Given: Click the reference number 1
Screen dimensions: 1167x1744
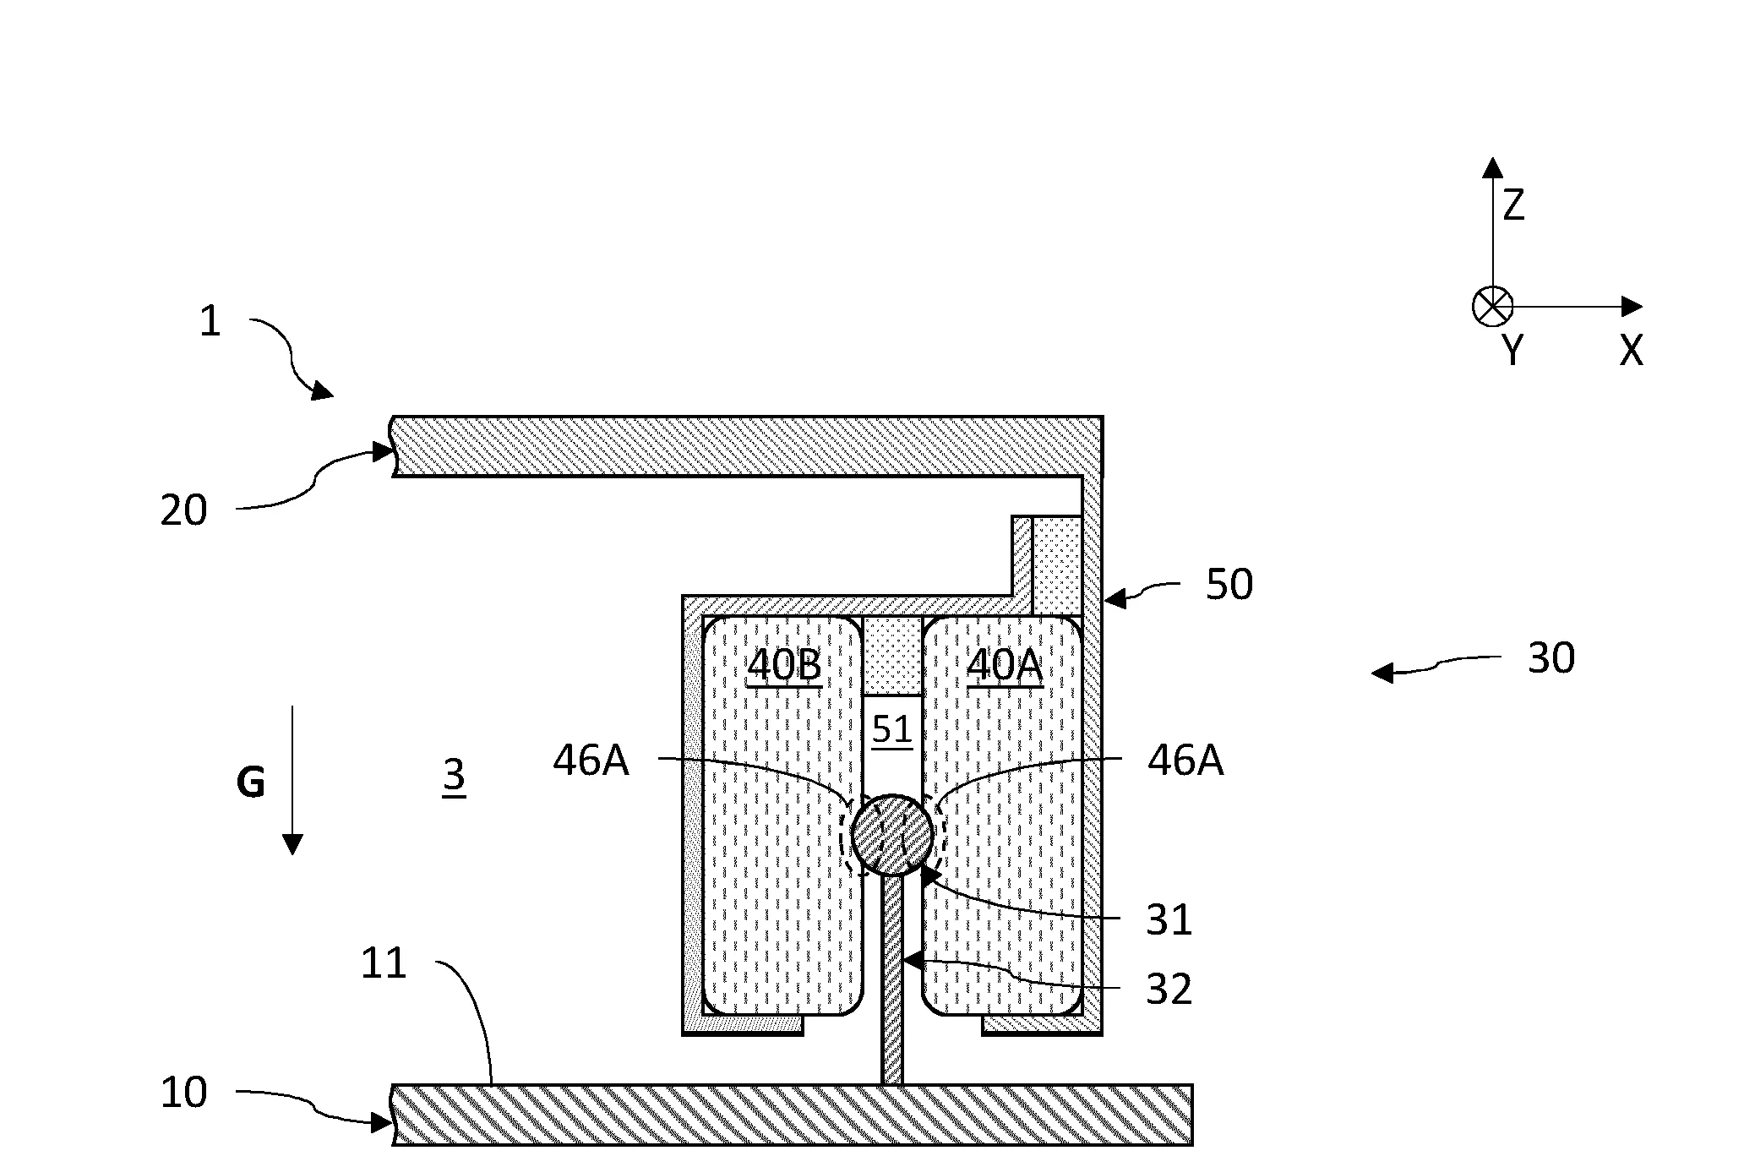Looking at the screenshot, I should click(x=210, y=322).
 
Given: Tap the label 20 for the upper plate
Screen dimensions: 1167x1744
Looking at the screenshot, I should click(x=183, y=511).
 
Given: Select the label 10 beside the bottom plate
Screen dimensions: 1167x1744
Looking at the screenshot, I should click(x=183, y=1093).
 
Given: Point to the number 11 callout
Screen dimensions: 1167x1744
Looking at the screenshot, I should click(x=384, y=963).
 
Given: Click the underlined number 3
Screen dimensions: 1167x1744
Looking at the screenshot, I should click(x=454, y=775).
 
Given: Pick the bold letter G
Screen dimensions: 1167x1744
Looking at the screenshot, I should click(x=251, y=783).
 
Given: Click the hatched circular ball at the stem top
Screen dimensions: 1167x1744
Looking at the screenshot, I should click(x=892, y=835).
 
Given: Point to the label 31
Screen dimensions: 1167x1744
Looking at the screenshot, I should click(x=1169, y=920).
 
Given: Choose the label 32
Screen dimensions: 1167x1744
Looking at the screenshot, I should click(x=1169, y=989).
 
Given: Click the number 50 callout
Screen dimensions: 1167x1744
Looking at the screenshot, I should click(x=1229, y=585).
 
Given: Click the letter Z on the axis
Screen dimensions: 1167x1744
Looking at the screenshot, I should click(x=1513, y=205).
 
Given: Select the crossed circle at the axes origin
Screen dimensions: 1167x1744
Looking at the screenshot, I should click(x=1493, y=307).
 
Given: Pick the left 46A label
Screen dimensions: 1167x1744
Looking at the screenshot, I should click(x=591, y=761).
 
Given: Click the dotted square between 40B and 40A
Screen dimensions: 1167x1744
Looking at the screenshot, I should click(x=892, y=655).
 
